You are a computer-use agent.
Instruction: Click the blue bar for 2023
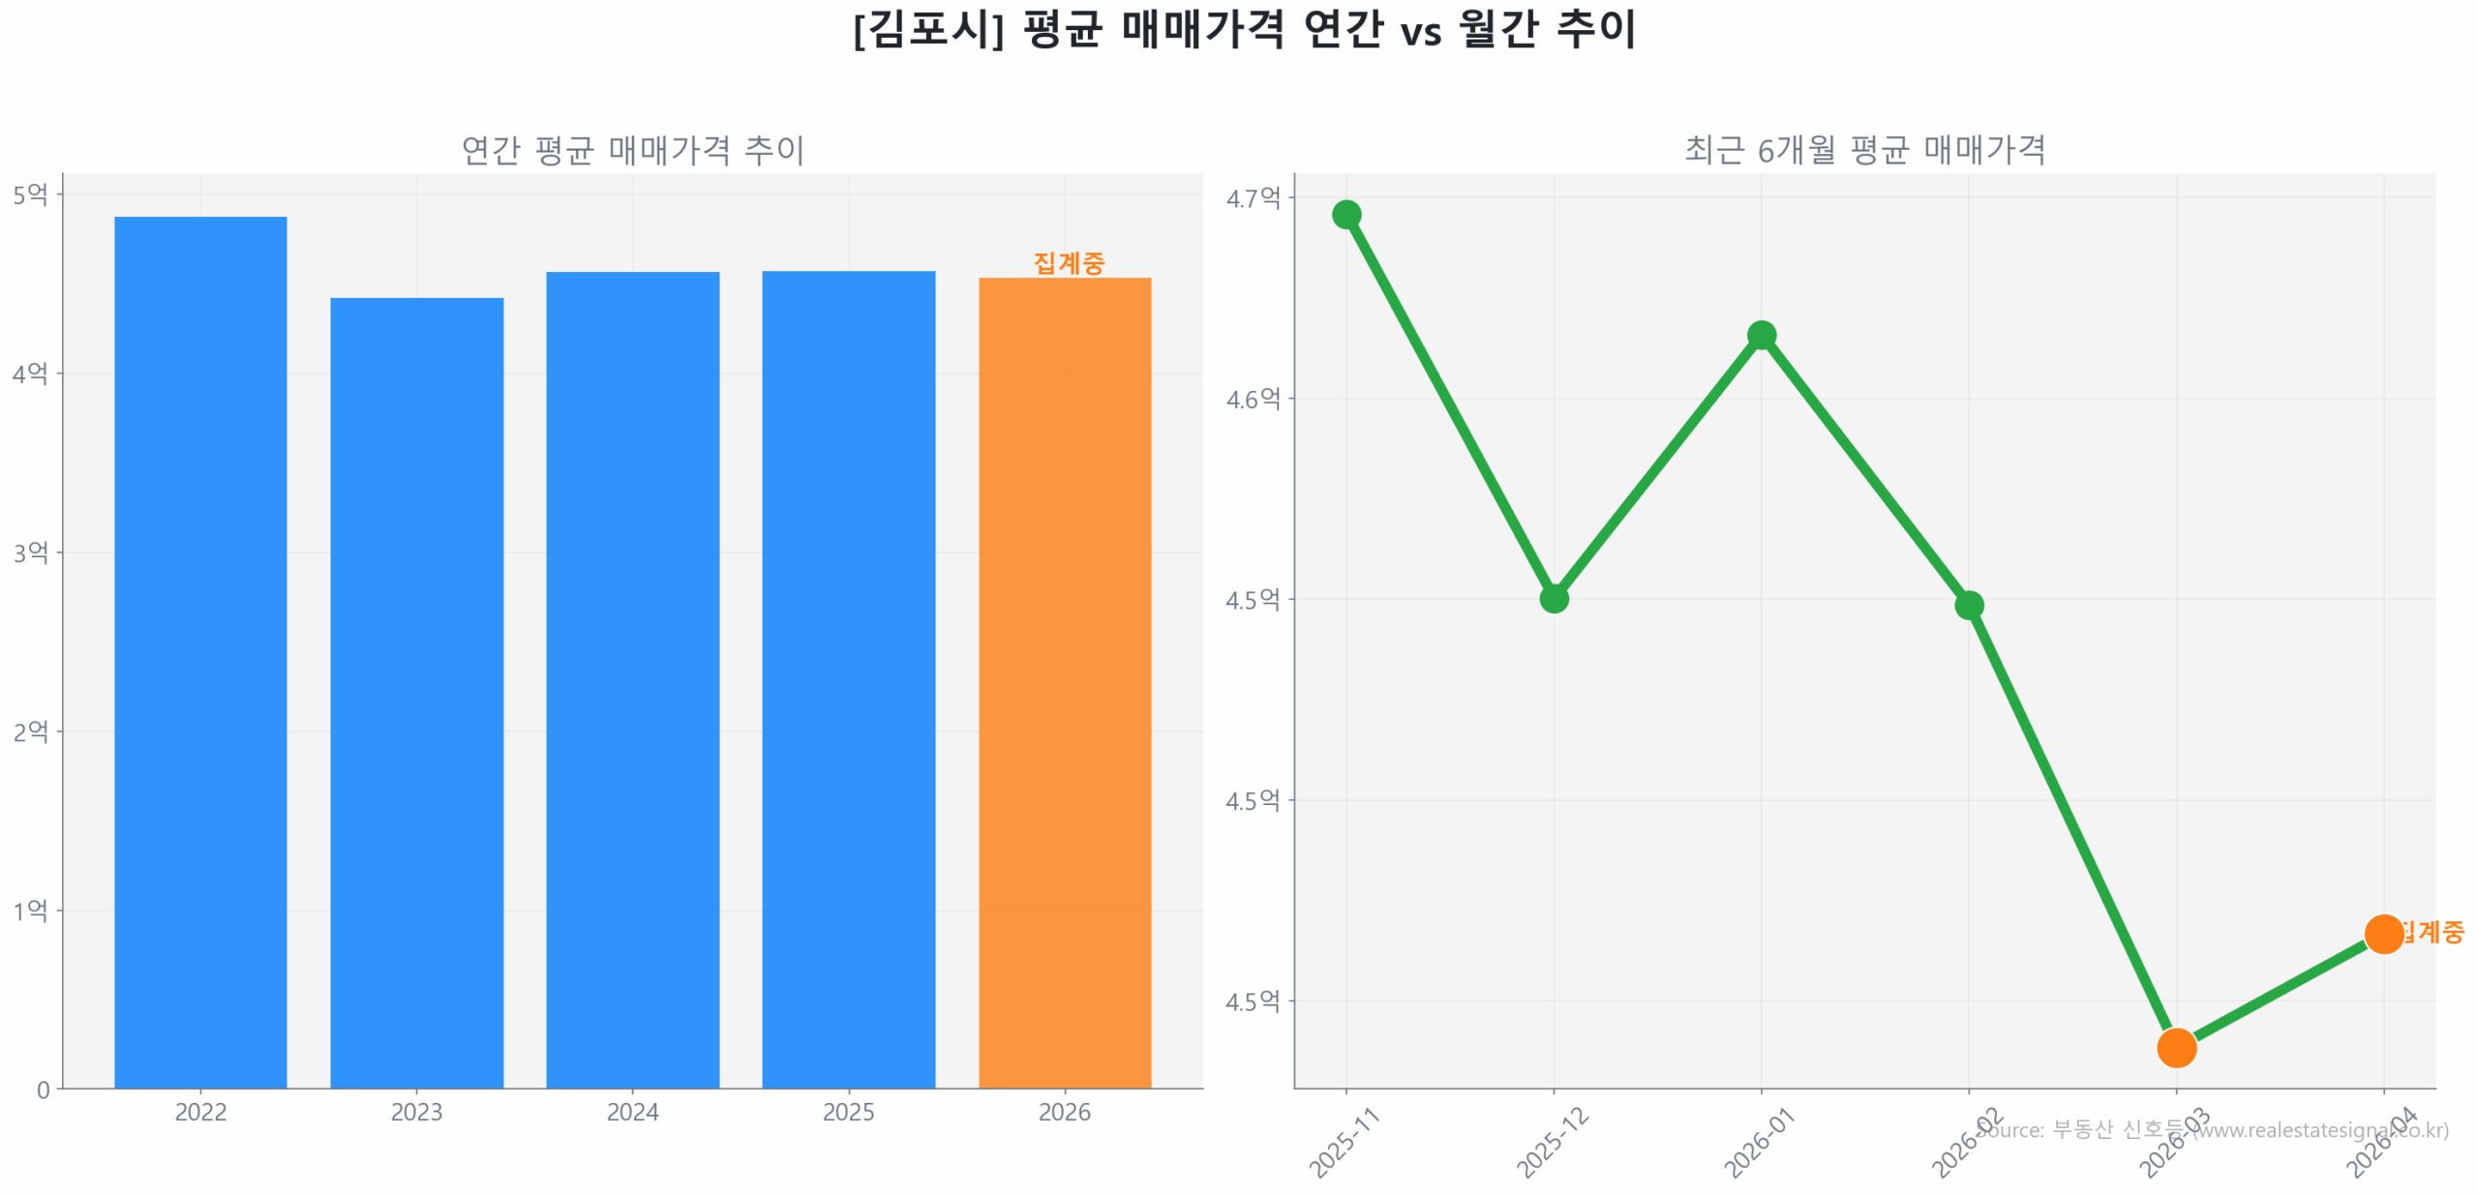click(x=416, y=691)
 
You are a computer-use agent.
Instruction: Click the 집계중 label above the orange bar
click(x=1068, y=262)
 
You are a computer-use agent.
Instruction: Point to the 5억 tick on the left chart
click(x=30, y=194)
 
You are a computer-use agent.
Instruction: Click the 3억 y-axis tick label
click(x=30, y=553)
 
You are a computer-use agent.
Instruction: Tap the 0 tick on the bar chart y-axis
click(x=43, y=1090)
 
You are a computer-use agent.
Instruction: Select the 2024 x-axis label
click(x=632, y=1112)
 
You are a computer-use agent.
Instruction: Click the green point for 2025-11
click(x=1345, y=214)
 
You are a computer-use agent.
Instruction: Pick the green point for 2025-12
click(x=1553, y=598)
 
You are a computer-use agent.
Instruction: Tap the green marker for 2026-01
click(x=1761, y=335)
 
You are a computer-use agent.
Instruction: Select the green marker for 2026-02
click(x=1968, y=605)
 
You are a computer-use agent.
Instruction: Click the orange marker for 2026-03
click(x=2176, y=1047)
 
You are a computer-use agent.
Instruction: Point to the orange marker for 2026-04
click(x=2383, y=934)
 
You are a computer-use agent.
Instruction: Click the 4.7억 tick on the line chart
click(x=1253, y=198)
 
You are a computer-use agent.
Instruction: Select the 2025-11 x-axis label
click(x=1344, y=1143)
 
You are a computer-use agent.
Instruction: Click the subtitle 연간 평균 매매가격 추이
click(x=632, y=150)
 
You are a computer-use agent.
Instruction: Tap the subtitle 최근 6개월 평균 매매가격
click(x=1864, y=150)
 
